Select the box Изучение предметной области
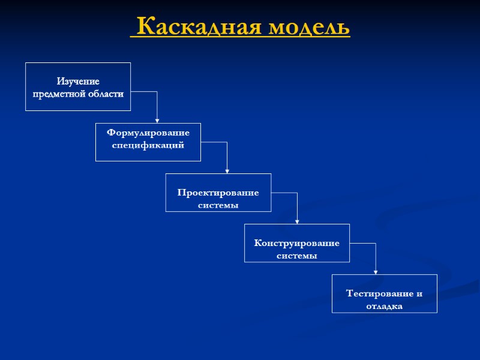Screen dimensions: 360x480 (x=78, y=86)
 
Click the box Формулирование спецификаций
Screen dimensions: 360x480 (x=148, y=142)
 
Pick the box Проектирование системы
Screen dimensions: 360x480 (x=218, y=193)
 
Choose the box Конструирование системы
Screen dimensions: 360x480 (x=296, y=243)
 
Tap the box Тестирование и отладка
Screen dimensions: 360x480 (x=384, y=293)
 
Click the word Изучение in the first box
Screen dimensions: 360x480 (x=78, y=81)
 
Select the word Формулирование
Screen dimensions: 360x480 (x=148, y=132)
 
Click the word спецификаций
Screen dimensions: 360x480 (x=148, y=145)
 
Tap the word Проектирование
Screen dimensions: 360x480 (x=218, y=193)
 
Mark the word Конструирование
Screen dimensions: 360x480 (x=296, y=243)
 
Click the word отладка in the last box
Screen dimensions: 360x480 (x=384, y=307)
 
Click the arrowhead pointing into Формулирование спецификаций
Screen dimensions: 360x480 (x=157, y=120)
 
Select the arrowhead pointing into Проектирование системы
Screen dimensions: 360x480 (x=227, y=170)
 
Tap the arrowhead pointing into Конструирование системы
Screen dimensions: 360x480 (x=297, y=221)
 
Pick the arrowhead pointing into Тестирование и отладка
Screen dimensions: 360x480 (x=376, y=271)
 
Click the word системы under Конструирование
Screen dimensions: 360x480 (x=296, y=256)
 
